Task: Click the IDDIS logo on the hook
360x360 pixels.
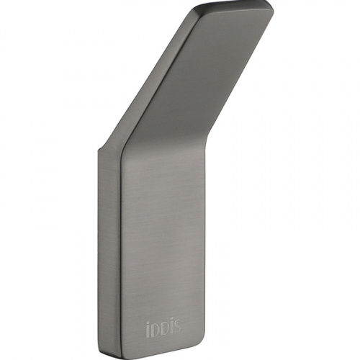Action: (163, 327)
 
